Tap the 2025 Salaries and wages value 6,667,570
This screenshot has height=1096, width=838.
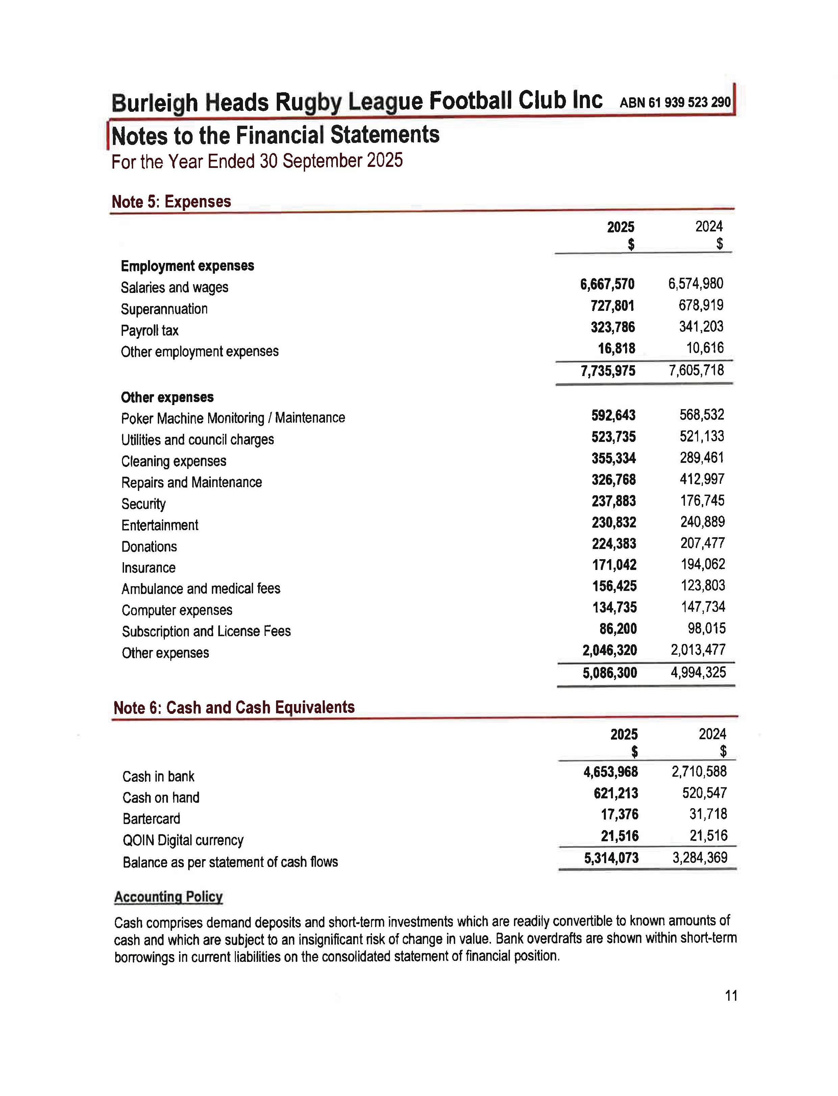[607, 284]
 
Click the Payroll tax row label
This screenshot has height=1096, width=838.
[150, 331]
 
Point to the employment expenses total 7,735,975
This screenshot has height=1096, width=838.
[608, 371]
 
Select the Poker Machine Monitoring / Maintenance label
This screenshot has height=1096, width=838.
[233, 418]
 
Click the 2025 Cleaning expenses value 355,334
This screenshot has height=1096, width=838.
[614, 458]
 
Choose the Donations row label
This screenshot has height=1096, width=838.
[149, 547]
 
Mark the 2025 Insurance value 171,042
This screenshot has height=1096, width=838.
[614, 565]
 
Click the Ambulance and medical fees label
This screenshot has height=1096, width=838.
[200, 589]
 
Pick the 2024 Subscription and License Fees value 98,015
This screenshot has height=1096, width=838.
[706, 628]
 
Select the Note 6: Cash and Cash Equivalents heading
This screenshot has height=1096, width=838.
[234, 707]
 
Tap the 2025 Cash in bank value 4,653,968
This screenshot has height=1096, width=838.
[611, 772]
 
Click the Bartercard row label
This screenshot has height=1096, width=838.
[151, 819]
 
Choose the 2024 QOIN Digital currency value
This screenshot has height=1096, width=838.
[708, 836]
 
